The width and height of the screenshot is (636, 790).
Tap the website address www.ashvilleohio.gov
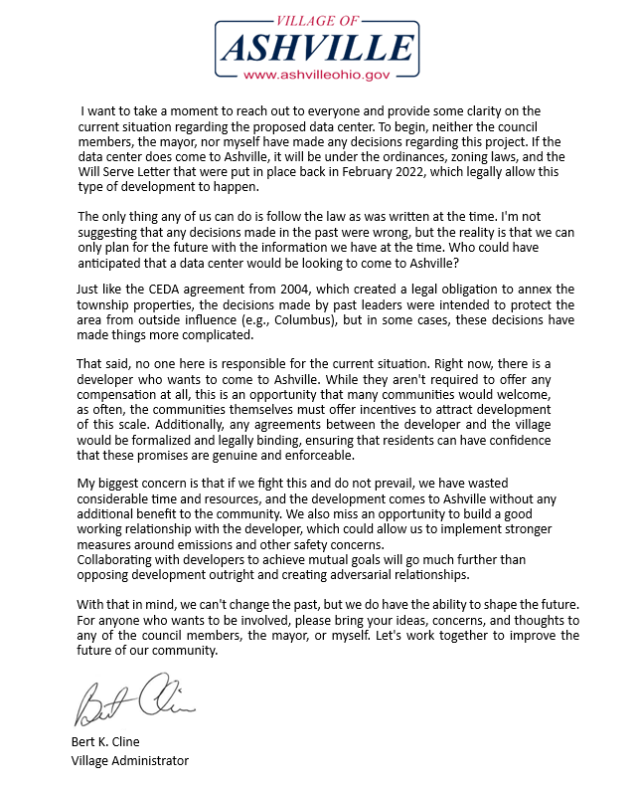pos(315,75)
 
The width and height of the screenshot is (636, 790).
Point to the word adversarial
pos(363,576)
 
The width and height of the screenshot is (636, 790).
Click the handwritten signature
pos(133,699)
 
